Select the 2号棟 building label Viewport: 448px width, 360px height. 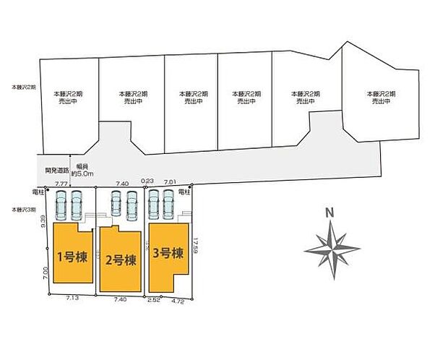[120, 260]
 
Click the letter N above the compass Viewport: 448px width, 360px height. [329, 213]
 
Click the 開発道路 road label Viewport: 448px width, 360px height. [56, 171]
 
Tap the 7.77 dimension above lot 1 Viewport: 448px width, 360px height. [61, 185]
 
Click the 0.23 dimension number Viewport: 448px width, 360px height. [148, 182]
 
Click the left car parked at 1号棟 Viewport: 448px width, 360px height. [61, 205]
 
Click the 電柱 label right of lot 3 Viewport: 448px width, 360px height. [184, 192]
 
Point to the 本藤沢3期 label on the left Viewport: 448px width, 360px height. [22, 209]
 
